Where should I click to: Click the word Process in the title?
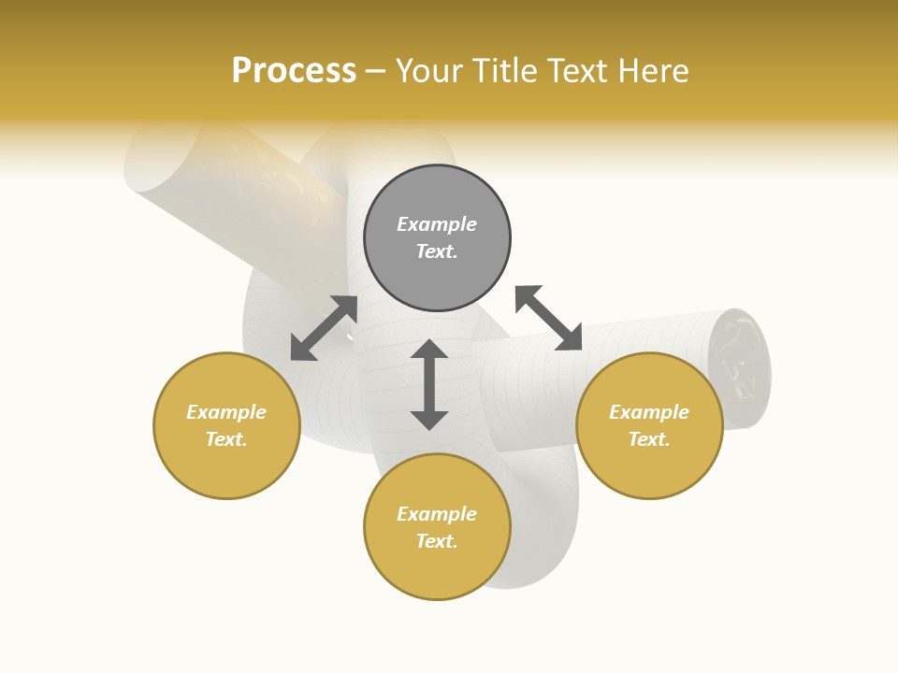[x=294, y=71]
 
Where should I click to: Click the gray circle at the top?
[x=437, y=237]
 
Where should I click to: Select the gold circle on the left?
[x=226, y=425]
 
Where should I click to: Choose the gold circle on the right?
[x=649, y=425]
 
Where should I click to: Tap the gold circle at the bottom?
[x=437, y=527]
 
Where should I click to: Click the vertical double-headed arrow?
[x=429, y=384]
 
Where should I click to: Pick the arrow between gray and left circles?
[x=325, y=328]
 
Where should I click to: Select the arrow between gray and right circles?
[x=549, y=318]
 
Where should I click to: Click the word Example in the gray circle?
[x=437, y=224]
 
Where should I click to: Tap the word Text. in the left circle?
[x=226, y=439]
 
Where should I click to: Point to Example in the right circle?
[x=649, y=412]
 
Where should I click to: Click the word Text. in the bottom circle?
[x=437, y=541]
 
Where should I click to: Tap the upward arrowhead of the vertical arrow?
[x=429, y=350]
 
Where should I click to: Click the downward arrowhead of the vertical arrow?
[x=429, y=420]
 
